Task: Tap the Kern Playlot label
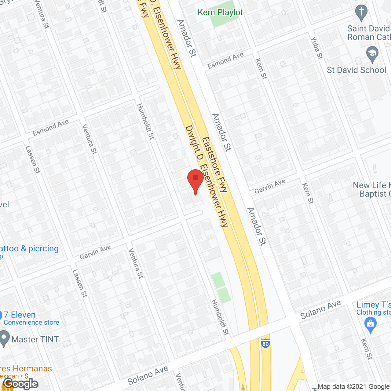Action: click(x=220, y=13)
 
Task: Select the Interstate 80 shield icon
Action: click(x=265, y=343)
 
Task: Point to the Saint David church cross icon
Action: click(x=361, y=13)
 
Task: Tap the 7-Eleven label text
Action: click(x=20, y=315)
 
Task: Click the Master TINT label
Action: click(x=35, y=339)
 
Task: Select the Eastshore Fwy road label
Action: click(x=215, y=165)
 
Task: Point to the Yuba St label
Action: click(x=317, y=48)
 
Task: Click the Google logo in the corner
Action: click(x=21, y=384)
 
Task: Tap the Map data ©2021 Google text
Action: click(x=354, y=387)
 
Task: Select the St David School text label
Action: click(x=356, y=70)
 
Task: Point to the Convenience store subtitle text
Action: click(x=31, y=323)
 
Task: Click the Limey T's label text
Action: click(x=374, y=305)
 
